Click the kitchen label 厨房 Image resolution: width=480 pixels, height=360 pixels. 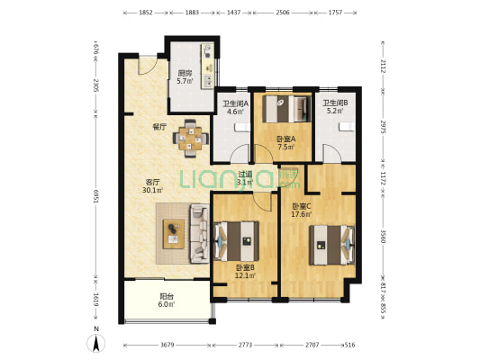tap(185, 73)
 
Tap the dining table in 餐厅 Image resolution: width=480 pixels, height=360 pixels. tap(190, 139)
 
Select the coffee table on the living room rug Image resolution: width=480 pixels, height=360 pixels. tap(174, 234)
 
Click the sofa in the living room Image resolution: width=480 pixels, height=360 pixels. tap(199, 234)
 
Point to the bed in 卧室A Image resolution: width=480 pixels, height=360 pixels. tap(286, 109)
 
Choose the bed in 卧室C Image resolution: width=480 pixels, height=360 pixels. tap(331, 245)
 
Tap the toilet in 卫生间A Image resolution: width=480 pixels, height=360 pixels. tap(242, 127)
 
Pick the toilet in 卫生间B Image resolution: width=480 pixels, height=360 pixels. tap(347, 126)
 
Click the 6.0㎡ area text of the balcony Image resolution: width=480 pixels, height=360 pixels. tap(167, 304)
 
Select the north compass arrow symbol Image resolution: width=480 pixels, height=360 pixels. tap(96, 343)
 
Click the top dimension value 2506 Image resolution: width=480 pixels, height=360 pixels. tap(283, 13)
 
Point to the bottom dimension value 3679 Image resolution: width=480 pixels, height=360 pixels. tap(168, 345)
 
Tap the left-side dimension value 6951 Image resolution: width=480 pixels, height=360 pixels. tap(96, 196)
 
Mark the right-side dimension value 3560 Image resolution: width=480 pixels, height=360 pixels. tap(383, 236)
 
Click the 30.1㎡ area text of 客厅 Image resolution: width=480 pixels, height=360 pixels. tap(152, 190)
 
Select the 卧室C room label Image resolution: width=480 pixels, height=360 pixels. tap(301, 206)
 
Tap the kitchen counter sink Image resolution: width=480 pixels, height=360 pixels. tap(208, 81)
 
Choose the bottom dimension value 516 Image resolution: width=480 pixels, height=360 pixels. tap(349, 345)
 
